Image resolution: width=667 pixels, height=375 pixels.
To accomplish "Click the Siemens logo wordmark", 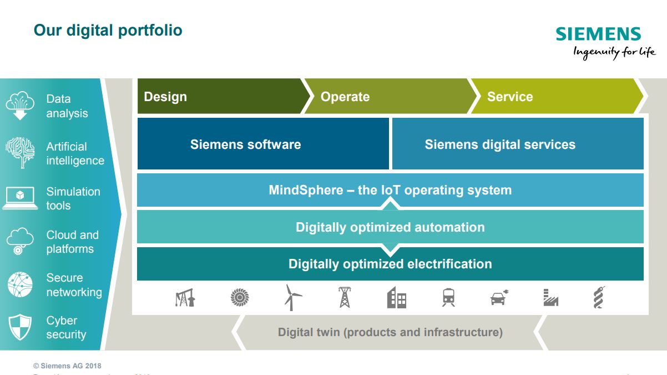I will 598,34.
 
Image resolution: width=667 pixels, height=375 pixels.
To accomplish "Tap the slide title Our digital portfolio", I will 108,30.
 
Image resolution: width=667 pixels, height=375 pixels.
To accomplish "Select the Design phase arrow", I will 219,97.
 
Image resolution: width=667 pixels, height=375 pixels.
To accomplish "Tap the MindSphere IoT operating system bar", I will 390,190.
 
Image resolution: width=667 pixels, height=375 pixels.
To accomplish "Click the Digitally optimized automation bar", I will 390,227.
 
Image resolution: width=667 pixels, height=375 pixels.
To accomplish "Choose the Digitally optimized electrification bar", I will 390,264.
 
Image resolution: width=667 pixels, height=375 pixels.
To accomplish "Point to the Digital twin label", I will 390,332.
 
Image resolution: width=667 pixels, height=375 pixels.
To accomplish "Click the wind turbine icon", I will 292,298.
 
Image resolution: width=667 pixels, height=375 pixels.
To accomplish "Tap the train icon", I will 448,298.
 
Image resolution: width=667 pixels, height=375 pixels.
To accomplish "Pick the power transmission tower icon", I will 345,298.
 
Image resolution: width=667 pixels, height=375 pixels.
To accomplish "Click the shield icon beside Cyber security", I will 20,327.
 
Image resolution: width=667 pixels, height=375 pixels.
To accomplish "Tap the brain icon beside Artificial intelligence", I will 20,153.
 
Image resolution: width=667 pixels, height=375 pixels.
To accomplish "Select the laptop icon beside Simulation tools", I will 20,198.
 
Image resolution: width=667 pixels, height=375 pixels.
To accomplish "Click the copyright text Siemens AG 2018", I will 67,366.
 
